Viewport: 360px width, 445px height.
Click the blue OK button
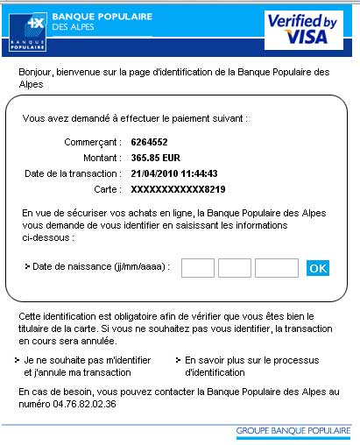(x=318, y=268)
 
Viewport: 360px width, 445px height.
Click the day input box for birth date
(x=198, y=267)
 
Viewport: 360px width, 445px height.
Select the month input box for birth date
(x=234, y=267)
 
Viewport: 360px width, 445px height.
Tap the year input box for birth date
(x=276, y=267)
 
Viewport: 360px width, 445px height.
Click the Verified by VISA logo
(x=303, y=28)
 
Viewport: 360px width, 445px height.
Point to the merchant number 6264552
(x=149, y=141)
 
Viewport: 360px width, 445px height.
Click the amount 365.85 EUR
(x=157, y=157)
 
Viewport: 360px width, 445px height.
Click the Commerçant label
(x=93, y=141)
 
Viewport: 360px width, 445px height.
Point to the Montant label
(x=103, y=157)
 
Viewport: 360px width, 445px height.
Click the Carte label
(x=109, y=188)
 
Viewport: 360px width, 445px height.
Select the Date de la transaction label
(x=77, y=173)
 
